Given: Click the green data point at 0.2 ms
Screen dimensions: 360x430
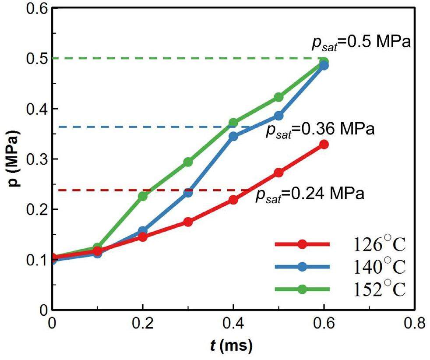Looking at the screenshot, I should (x=143, y=196).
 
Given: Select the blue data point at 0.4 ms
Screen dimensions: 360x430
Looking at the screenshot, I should (x=233, y=136).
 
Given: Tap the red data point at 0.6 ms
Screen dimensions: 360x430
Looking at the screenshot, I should (x=324, y=145).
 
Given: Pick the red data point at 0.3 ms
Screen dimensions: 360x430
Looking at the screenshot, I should (x=188, y=222).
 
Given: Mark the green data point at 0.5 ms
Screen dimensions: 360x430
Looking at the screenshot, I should (x=278, y=97).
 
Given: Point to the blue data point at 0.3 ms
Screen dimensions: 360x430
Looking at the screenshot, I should (x=188, y=193).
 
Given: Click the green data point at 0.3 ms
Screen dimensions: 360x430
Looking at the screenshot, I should (x=188, y=162).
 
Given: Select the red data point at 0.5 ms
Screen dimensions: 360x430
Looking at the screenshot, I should (x=278, y=173).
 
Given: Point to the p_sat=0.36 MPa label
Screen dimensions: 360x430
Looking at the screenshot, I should (x=320, y=130).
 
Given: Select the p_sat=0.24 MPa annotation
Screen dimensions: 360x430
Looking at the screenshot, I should (x=310, y=193).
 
